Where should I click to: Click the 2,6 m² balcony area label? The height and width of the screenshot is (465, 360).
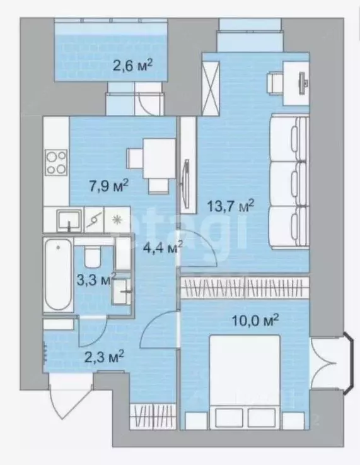pyautogui.click(x=133, y=66)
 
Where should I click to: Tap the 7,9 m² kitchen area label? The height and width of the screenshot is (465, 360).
pyautogui.click(x=108, y=185)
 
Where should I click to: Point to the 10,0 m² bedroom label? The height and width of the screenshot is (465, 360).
pyautogui.click(x=255, y=321)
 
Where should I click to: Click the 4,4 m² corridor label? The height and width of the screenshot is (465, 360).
pyautogui.click(x=163, y=247)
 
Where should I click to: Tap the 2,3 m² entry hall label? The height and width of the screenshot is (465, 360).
pyautogui.click(x=104, y=356)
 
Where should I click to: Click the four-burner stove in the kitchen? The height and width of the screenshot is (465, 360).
pyautogui.click(x=56, y=162)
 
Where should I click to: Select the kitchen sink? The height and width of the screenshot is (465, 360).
pyautogui.click(x=69, y=220)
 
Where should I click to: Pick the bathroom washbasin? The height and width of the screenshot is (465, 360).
pyautogui.click(x=121, y=291)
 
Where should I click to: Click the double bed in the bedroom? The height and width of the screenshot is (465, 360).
pyautogui.click(x=245, y=382)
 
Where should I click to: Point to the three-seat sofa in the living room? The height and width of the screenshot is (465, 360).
pyautogui.click(x=289, y=182)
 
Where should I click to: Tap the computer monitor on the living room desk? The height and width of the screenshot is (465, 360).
pyautogui.click(x=303, y=84)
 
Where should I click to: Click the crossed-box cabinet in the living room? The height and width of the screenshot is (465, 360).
pyautogui.click(x=211, y=88)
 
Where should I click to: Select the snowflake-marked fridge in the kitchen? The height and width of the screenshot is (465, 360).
pyautogui.click(x=117, y=220)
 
